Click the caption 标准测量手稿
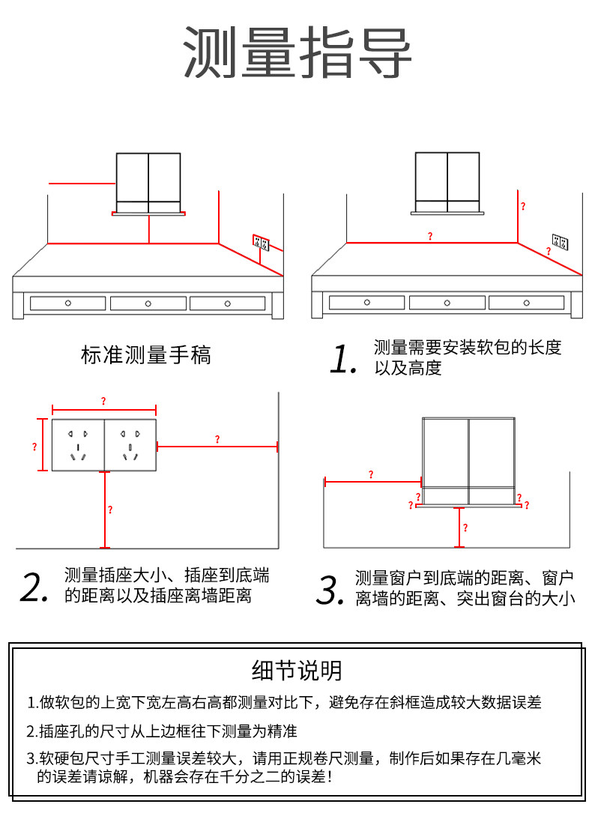145,354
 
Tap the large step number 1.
343,359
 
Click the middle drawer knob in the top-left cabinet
148,303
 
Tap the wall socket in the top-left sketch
261,242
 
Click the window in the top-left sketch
148,182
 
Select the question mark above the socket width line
103,402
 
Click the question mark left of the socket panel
34,447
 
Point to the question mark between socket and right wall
217,440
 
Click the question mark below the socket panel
110,510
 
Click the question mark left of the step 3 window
371,474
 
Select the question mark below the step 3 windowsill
465,528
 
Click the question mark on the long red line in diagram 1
429,236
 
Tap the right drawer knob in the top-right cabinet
527,303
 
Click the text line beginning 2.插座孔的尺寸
163,731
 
